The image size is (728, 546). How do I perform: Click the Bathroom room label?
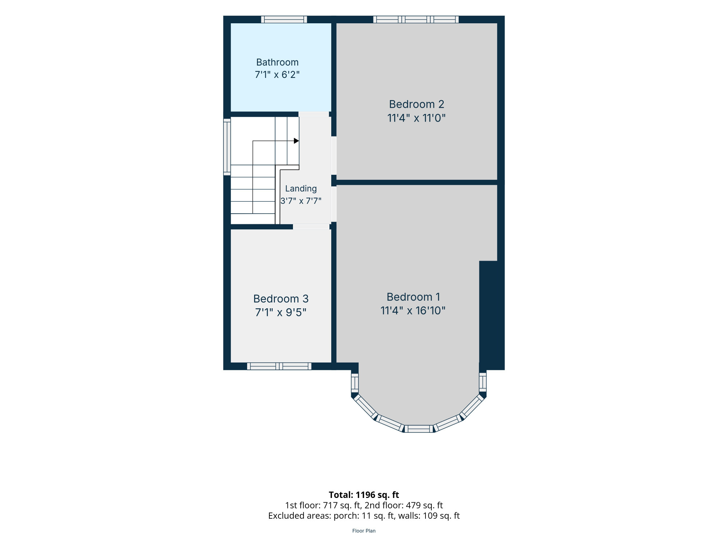coord(277,62)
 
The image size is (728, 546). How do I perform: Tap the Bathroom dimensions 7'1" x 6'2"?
coord(277,75)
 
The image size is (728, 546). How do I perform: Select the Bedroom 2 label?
coord(417,104)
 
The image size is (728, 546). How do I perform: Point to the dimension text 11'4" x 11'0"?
coord(416,118)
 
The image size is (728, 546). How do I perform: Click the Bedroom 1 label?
coord(414,297)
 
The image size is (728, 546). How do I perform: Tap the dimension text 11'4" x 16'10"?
coord(413,310)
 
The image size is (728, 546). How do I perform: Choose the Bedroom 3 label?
coord(281,299)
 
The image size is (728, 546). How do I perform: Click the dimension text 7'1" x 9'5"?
coord(281,312)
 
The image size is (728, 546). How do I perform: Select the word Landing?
coord(301,189)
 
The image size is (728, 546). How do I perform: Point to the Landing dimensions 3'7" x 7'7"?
coord(301,201)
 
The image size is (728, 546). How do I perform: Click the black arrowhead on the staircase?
coord(296,141)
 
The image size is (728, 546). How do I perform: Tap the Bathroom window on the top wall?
coord(284,20)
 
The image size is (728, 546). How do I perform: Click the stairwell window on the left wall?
coord(227,147)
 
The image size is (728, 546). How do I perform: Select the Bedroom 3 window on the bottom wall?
coord(279,366)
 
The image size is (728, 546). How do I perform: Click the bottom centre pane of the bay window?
coord(419,429)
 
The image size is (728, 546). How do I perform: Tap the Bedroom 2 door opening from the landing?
coord(334,156)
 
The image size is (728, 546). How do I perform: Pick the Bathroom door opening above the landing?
coord(314,114)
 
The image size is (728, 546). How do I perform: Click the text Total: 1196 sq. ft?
coord(364,495)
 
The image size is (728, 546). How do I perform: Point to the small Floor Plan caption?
coord(364,531)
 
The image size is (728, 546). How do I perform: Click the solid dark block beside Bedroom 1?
coord(492,315)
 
